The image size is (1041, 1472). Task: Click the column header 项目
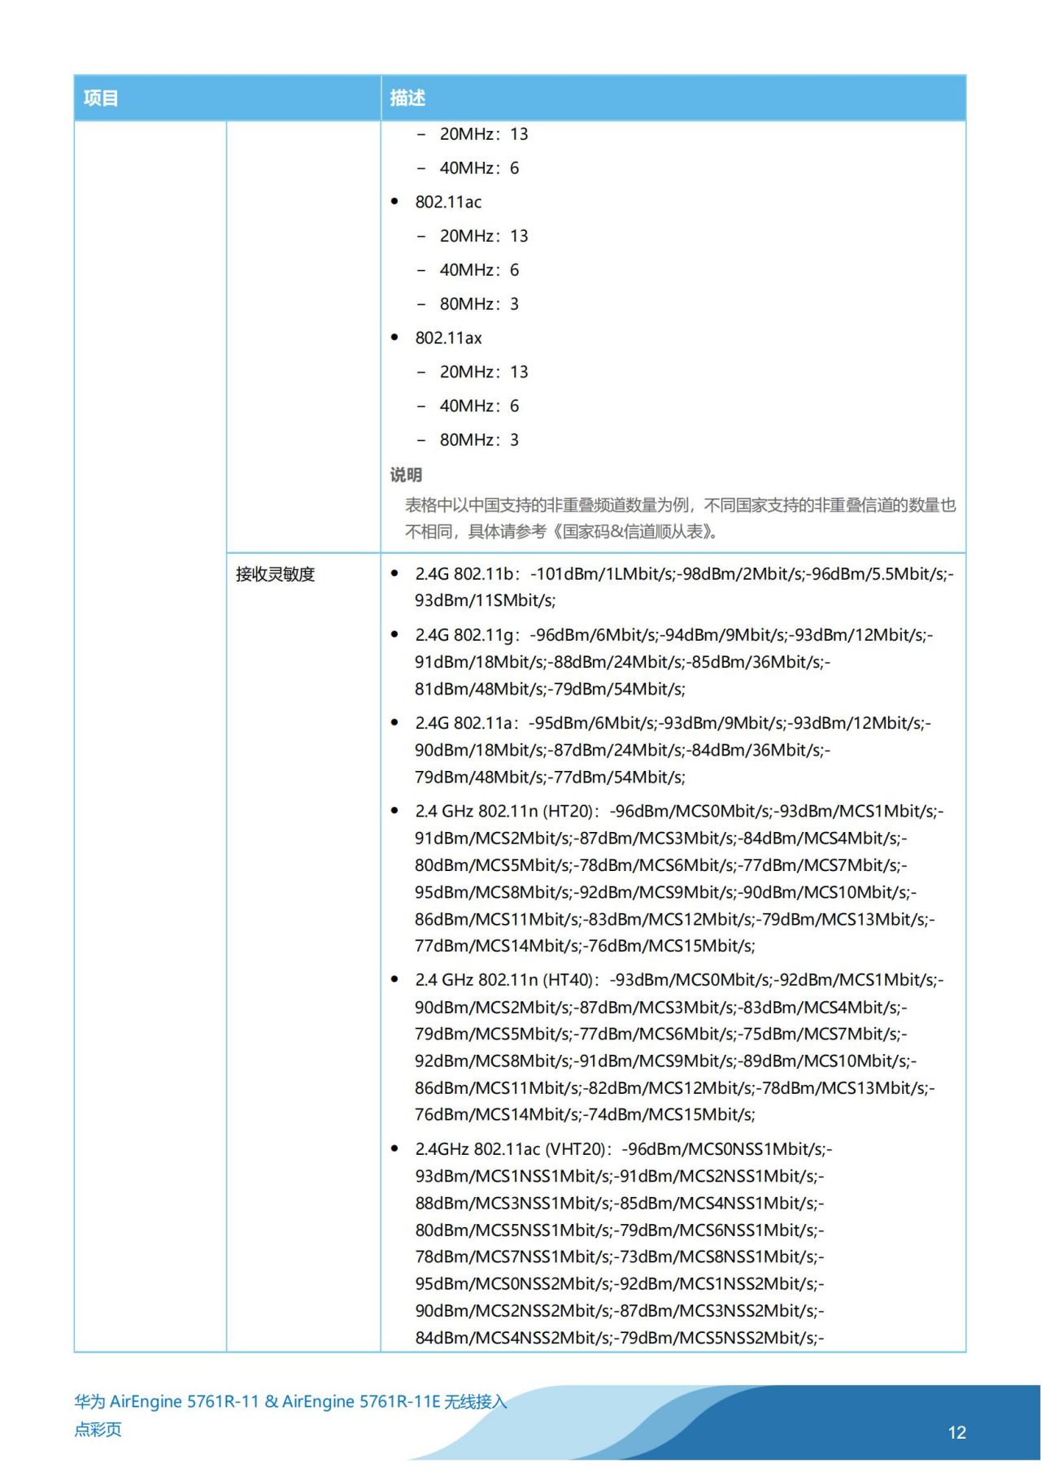point(101,98)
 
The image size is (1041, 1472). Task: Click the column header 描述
point(407,98)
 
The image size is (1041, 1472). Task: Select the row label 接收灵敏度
point(275,574)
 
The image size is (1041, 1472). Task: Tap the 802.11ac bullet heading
point(448,202)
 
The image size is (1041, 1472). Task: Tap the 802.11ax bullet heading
point(448,338)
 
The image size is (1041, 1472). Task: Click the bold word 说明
point(406,475)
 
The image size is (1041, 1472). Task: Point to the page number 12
point(956,1432)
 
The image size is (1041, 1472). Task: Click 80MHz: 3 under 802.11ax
point(479,440)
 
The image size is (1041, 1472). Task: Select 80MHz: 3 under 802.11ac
point(479,304)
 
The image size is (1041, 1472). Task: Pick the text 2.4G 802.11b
point(464,574)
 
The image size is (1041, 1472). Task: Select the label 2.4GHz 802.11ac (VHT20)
point(511,1149)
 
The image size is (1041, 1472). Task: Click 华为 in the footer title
point(89,1401)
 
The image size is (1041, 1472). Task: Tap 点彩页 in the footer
point(98,1429)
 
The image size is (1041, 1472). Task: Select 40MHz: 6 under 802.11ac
point(479,270)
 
